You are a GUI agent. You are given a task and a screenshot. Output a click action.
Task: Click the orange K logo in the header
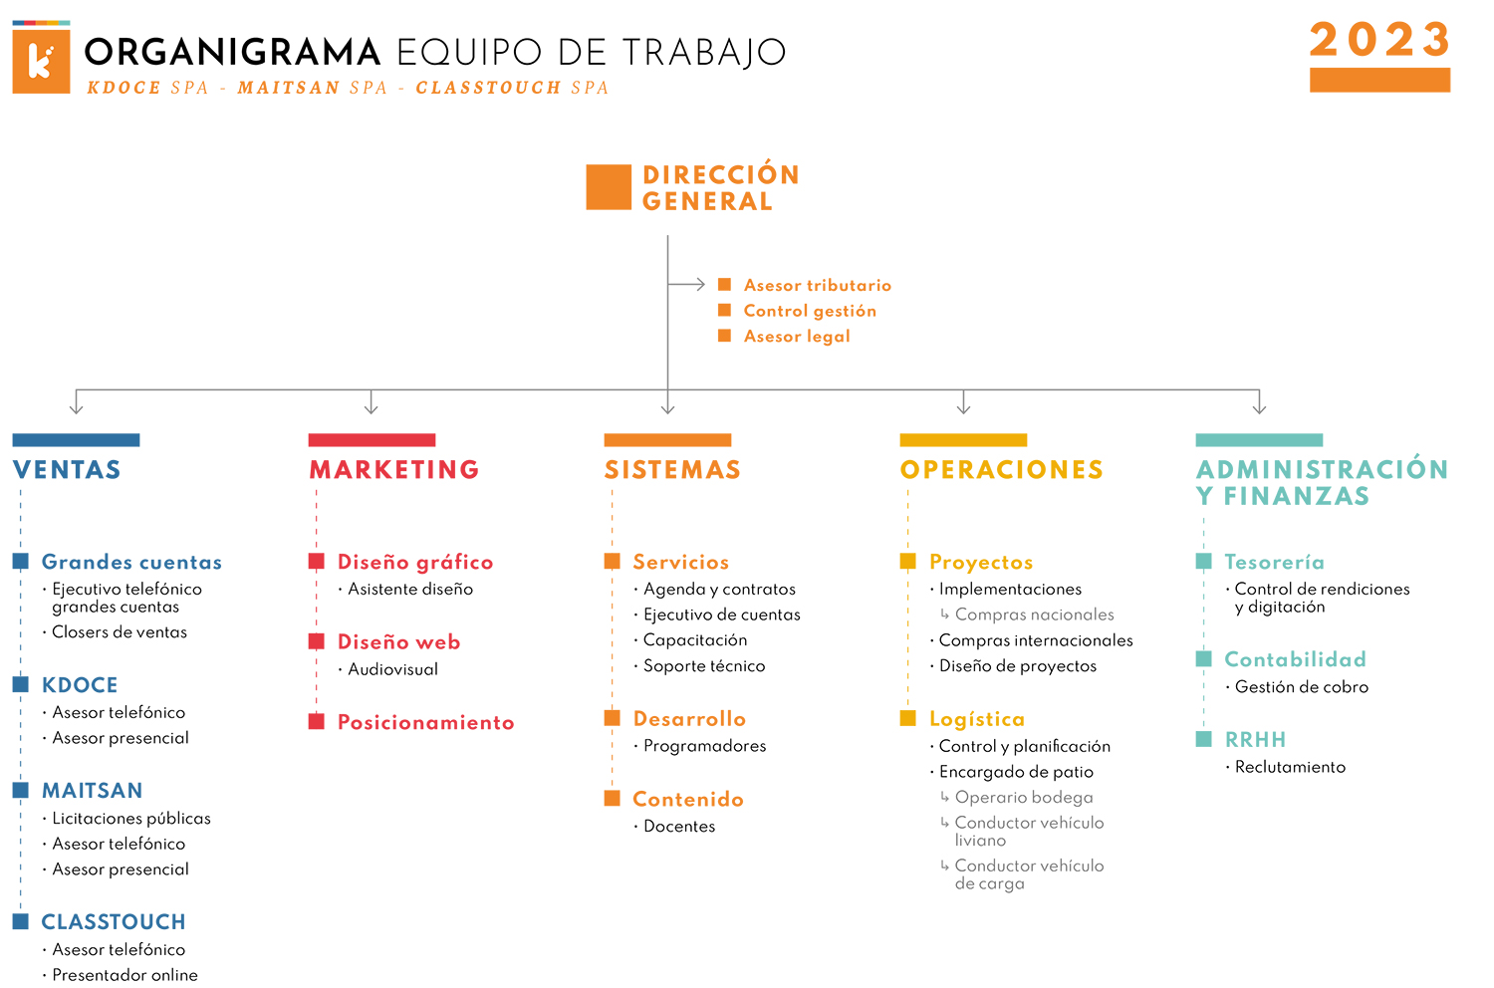tap(41, 58)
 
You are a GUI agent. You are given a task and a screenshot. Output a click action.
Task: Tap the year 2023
tap(1379, 40)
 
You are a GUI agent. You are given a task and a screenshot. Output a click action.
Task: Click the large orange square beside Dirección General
tap(609, 187)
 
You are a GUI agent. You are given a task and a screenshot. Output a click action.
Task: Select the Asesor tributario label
tap(817, 286)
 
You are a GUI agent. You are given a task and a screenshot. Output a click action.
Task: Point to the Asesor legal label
tap(797, 337)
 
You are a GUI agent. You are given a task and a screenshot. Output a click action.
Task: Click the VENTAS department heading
tap(67, 470)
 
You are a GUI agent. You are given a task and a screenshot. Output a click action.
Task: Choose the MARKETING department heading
tap(394, 470)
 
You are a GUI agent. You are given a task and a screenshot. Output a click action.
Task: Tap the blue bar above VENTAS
tap(76, 440)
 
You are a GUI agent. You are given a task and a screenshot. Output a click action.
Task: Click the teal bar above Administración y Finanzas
tap(1259, 440)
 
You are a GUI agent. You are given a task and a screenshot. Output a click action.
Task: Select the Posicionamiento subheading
tap(425, 722)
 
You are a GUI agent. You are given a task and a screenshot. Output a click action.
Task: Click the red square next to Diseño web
tap(316, 641)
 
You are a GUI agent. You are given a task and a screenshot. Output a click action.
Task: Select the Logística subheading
tap(976, 719)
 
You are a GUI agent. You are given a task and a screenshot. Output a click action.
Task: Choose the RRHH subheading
tap(1255, 740)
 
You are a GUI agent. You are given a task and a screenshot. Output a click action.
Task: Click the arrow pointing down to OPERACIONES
tap(963, 402)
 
